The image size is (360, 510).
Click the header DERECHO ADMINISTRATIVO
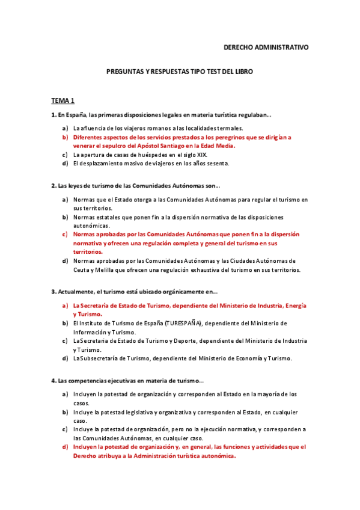[x=266, y=46]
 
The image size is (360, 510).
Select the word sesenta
[x=216, y=163]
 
